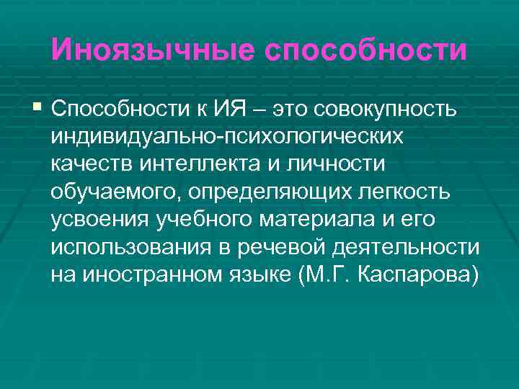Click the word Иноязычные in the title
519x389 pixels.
(x=152, y=50)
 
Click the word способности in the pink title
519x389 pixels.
(x=366, y=50)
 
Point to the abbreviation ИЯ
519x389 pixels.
(x=231, y=109)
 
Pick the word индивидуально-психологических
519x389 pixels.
(x=233, y=136)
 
